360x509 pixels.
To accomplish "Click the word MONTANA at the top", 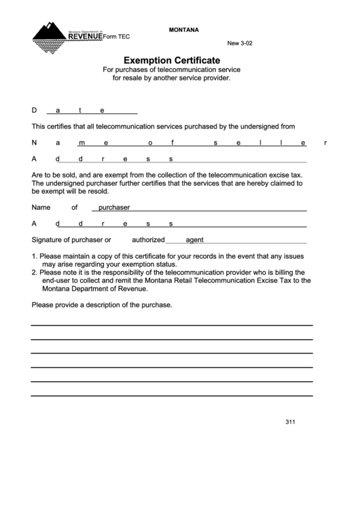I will (x=183, y=30).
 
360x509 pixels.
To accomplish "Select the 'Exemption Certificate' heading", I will (x=172, y=60).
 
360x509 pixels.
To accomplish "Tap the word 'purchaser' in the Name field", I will (x=114, y=207).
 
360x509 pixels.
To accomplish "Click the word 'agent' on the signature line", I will (x=195, y=240).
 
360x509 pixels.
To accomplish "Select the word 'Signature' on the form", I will (x=48, y=240).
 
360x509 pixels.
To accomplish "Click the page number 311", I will (x=290, y=422).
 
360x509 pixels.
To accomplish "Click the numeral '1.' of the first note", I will (x=35, y=256).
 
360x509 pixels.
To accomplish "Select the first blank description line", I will (x=172, y=325).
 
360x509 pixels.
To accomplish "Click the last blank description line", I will (x=172, y=395).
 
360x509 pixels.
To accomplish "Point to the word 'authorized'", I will (x=148, y=240).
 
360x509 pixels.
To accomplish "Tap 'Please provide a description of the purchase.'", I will (x=102, y=304).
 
